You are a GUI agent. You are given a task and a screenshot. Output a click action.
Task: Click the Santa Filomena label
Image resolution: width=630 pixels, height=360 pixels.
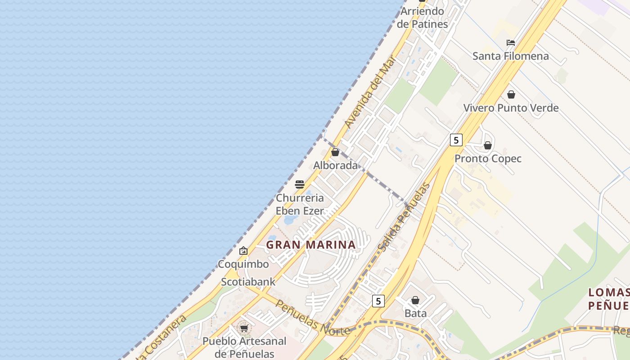[x=510, y=56]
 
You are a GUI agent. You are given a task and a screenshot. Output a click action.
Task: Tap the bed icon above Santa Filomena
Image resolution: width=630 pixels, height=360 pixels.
[x=511, y=43]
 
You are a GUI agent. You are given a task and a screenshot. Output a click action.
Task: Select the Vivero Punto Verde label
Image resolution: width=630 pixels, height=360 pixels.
[x=511, y=108]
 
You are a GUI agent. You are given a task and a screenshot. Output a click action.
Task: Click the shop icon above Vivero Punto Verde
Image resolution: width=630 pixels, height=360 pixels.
[x=511, y=94]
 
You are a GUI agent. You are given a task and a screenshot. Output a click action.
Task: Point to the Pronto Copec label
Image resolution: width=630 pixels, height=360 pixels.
[x=488, y=158]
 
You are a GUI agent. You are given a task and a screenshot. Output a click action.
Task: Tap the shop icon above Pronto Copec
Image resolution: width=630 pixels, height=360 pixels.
[x=488, y=145]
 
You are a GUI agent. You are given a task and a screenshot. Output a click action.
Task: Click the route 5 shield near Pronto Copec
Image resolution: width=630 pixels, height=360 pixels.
[x=456, y=140]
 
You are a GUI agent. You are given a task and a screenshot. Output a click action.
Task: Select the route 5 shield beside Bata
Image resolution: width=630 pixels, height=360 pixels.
[x=378, y=301]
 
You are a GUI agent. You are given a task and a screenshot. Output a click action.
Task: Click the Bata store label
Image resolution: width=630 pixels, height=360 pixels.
[x=415, y=313]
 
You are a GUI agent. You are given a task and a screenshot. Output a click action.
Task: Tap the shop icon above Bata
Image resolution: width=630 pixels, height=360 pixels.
[x=415, y=300]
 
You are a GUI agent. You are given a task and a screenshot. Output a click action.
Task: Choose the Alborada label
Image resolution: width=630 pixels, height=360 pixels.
[x=335, y=165]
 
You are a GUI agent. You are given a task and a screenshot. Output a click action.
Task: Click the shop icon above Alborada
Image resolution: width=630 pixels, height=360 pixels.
[x=335, y=152]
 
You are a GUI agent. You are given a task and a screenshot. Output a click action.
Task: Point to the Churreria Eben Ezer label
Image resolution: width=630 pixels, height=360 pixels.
[x=300, y=204]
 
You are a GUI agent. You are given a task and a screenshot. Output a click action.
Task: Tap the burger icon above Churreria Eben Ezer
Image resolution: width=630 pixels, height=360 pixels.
[x=300, y=184]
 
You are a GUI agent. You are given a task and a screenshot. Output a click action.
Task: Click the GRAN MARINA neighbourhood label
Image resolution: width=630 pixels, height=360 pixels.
[x=311, y=245]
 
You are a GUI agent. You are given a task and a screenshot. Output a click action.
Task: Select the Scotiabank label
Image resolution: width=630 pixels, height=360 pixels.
[x=248, y=282]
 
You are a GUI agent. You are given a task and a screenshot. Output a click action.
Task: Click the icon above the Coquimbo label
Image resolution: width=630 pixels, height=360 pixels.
[x=243, y=251]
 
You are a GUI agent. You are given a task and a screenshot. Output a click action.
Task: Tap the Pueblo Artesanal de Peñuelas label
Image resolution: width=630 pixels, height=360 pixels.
[x=244, y=347]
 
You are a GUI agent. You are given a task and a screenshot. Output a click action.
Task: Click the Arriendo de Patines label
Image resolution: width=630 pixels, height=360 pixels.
[x=423, y=18]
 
